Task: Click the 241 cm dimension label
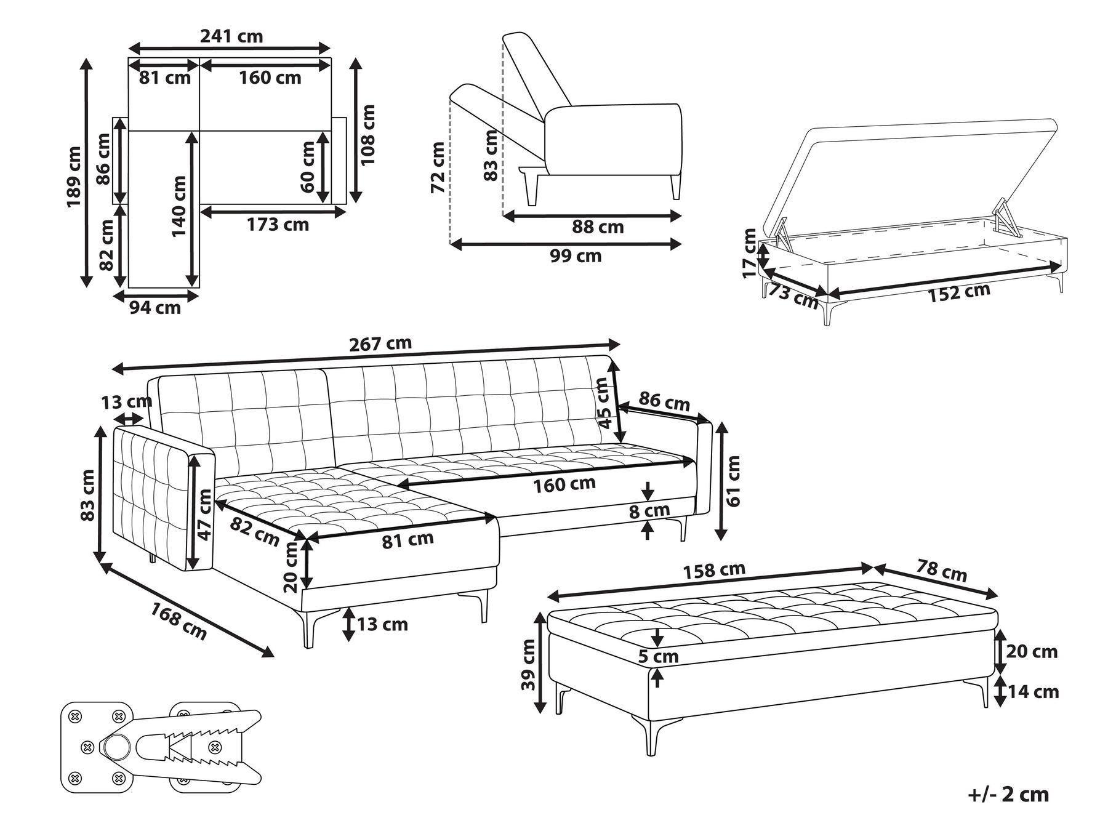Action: coord(231,36)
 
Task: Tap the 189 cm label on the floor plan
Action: coord(74,177)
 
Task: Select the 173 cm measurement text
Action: coord(278,225)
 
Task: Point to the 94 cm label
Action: coord(155,307)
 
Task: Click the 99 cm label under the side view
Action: coord(576,255)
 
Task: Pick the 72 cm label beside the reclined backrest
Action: coord(438,167)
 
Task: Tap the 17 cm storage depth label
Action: coord(749,253)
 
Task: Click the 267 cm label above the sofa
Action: coord(380,343)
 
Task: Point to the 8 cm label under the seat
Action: coord(649,510)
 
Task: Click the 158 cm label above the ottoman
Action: coord(715,570)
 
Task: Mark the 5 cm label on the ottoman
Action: coord(658,657)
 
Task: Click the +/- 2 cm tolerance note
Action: coord(1008,794)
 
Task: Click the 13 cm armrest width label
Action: coord(126,403)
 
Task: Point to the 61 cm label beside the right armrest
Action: coord(734,480)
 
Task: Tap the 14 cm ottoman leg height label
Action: coord(1034,692)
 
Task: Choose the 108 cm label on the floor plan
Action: coord(367,134)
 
